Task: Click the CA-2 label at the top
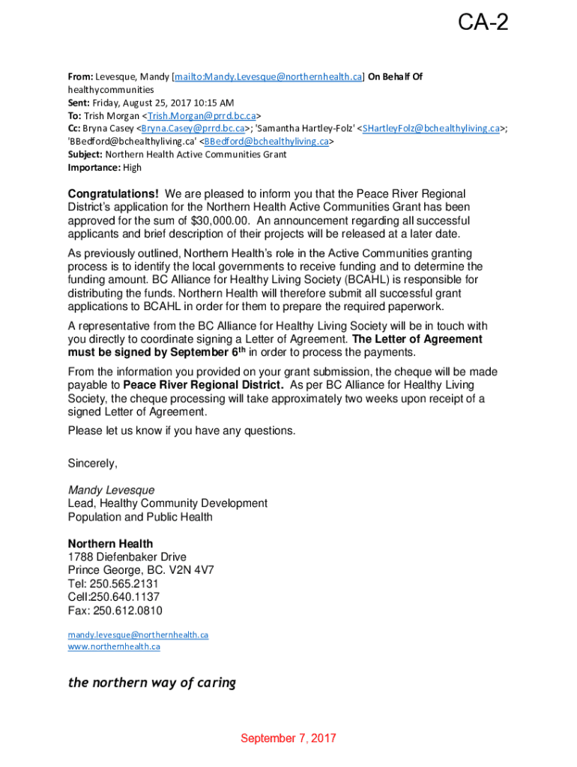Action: tap(483, 23)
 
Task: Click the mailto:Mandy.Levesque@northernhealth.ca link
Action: tap(268, 76)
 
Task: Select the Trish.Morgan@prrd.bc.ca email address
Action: tap(202, 115)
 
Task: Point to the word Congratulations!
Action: tap(113, 194)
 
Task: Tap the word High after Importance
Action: tap(132, 168)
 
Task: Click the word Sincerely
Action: tap(93, 463)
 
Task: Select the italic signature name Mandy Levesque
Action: tap(112, 491)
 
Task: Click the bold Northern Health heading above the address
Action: tap(110, 544)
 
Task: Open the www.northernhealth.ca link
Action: tap(114, 646)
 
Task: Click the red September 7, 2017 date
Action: tap(288, 739)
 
